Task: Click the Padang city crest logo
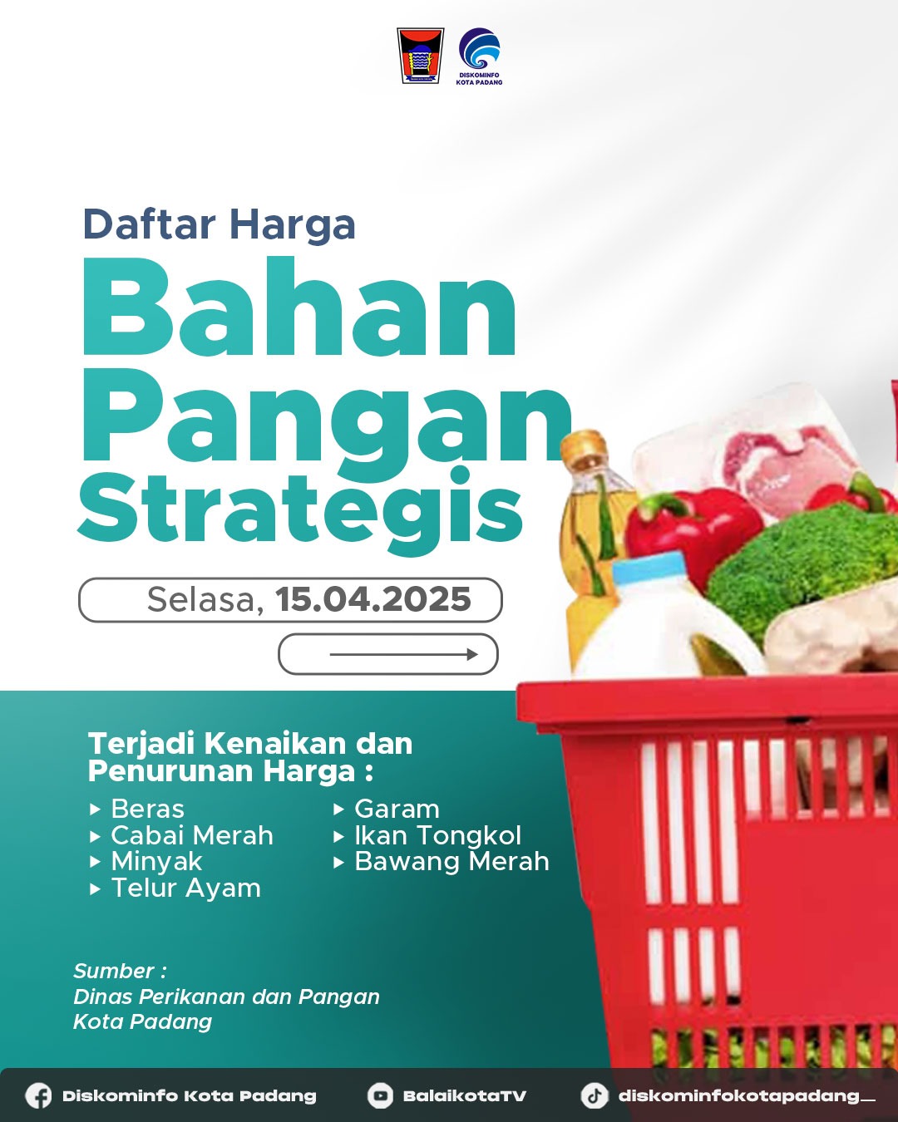coord(420,56)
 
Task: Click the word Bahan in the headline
coord(300,308)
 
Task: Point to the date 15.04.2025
coord(373,599)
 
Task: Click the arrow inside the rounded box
coord(404,654)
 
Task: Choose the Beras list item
coord(147,809)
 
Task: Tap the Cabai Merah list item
coord(191,835)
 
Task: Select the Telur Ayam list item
coord(185,888)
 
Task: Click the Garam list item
coord(397,809)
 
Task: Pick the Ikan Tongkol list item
coord(437,835)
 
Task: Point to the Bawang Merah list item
coord(451,861)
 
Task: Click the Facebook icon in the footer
coord(38,1095)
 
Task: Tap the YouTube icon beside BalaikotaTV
coord(380,1095)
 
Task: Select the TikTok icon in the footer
coord(594,1095)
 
